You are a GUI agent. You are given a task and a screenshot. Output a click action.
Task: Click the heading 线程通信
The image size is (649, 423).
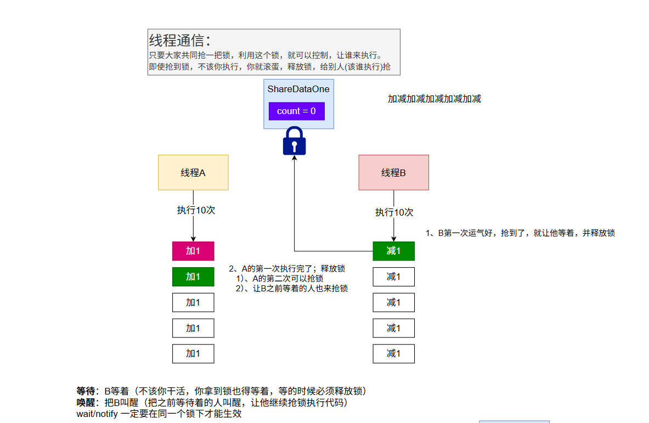coord(179,41)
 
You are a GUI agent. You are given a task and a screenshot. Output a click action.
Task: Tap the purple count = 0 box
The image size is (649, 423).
coord(296,111)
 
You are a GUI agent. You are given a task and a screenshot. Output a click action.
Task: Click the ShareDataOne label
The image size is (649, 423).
coord(298,89)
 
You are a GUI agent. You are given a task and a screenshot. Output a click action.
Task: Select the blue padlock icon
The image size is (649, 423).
coord(294,141)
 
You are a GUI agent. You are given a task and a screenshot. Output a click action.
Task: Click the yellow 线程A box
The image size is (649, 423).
coord(193,172)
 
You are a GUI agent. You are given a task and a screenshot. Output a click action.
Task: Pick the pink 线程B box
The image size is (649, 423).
coord(393,172)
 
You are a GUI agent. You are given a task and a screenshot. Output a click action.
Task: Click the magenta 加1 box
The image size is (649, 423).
coord(193,251)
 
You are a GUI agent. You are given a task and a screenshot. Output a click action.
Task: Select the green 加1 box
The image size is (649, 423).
coord(193,277)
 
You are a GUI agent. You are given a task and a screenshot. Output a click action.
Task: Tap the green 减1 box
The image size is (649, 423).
coord(393,251)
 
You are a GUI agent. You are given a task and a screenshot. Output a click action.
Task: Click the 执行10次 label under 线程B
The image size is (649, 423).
coord(394,212)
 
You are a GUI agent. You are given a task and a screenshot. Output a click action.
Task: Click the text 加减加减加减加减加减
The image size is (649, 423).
coord(434,99)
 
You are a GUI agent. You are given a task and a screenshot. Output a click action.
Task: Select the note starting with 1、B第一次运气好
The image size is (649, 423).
coord(520,233)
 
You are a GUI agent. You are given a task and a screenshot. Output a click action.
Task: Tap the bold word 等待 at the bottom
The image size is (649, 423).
coord(86,391)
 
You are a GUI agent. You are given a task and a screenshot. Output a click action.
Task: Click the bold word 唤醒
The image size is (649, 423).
coord(86,402)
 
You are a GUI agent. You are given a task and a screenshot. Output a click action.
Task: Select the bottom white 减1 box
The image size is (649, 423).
coord(393,353)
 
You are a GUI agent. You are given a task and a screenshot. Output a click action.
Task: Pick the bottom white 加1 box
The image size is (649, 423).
coord(193,353)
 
